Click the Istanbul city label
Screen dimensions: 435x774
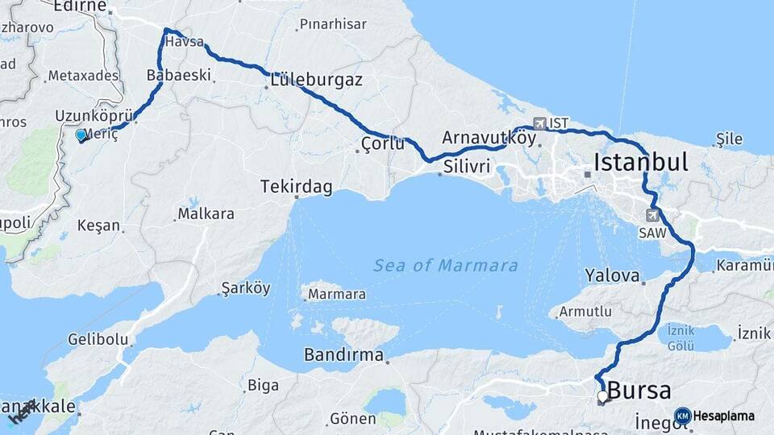(x=640, y=163)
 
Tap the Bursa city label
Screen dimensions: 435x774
(x=639, y=391)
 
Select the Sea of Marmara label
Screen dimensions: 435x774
(x=446, y=266)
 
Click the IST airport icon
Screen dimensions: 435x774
(x=539, y=123)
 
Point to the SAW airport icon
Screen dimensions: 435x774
(x=652, y=215)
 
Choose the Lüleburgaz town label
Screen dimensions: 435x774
(x=316, y=81)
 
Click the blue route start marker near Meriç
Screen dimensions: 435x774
(x=81, y=135)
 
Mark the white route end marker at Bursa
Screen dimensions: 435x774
(x=602, y=396)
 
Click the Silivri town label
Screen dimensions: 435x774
(x=466, y=167)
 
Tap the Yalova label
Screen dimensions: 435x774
(x=612, y=275)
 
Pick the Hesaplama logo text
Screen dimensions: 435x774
(x=723, y=416)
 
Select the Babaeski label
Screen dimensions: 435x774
(x=178, y=76)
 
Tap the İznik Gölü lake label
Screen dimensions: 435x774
(x=680, y=337)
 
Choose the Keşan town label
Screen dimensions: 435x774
(x=98, y=226)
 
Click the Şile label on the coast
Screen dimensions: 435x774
(x=729, y=139)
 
